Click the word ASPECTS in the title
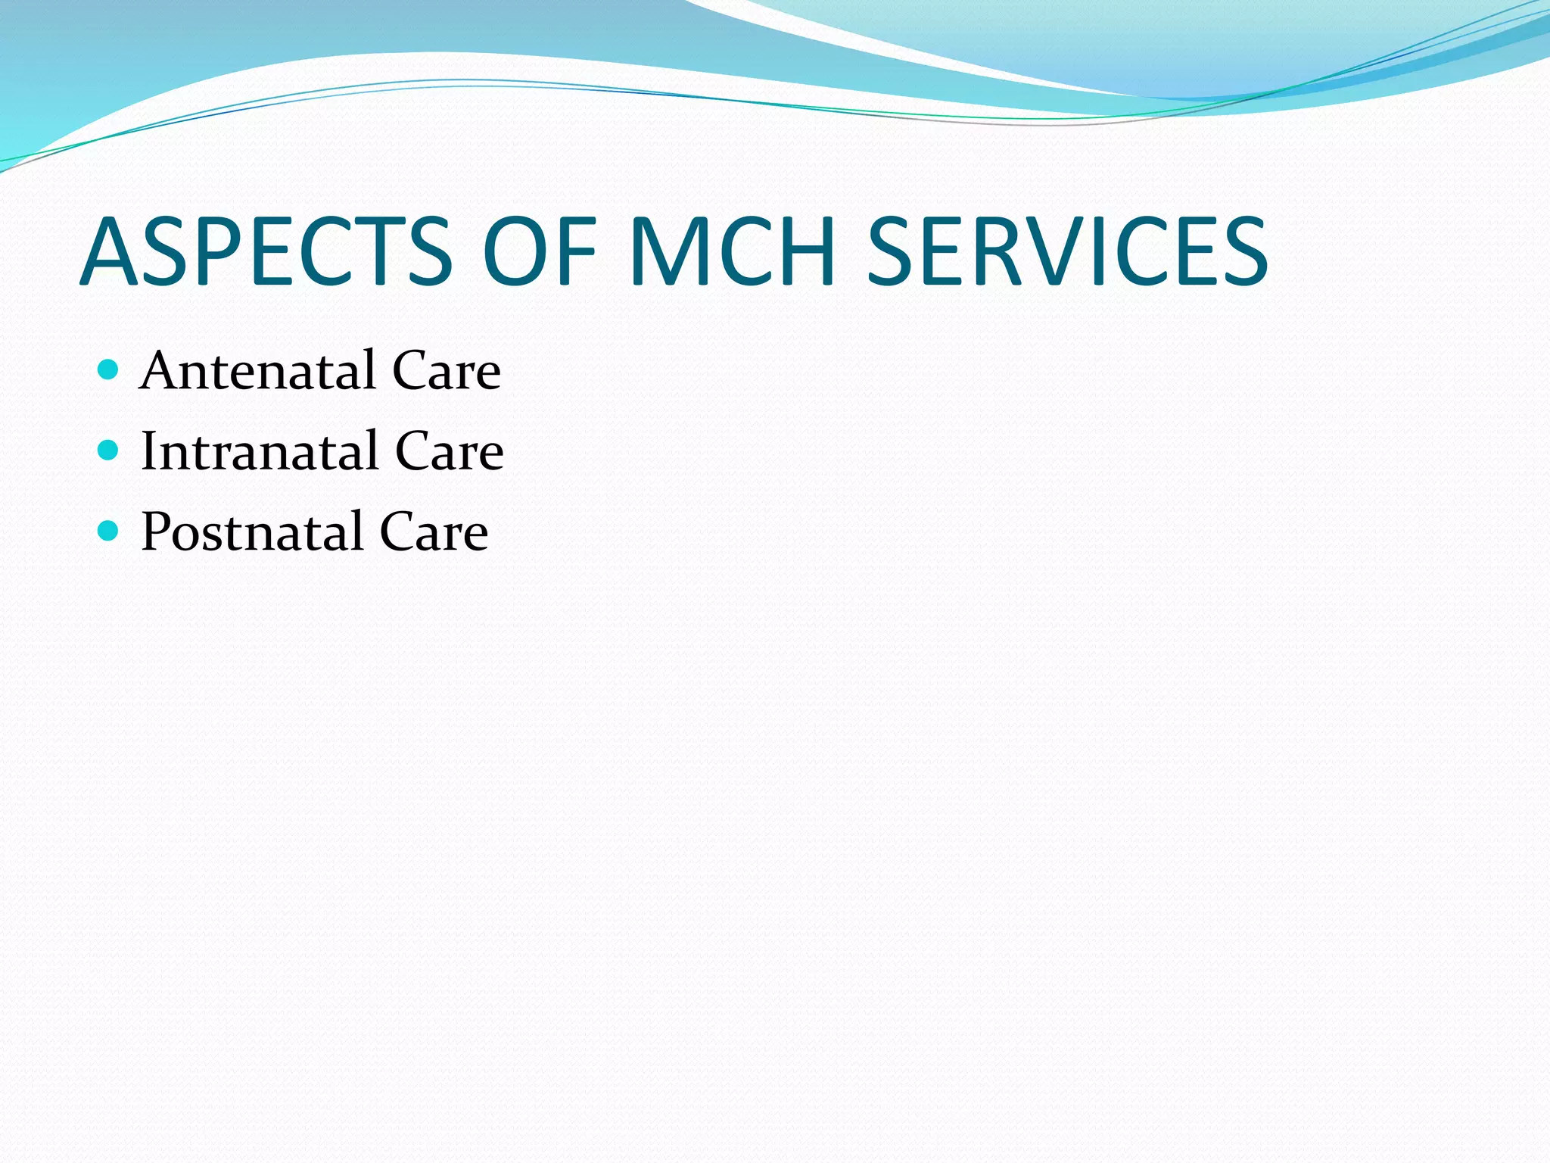265,251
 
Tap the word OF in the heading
540,251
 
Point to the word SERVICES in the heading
1067,251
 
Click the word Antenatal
257,371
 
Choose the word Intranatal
259,451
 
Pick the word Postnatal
252,532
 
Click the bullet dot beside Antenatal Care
109,369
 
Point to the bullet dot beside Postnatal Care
109,531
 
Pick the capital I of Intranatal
149,451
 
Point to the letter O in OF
517,251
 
